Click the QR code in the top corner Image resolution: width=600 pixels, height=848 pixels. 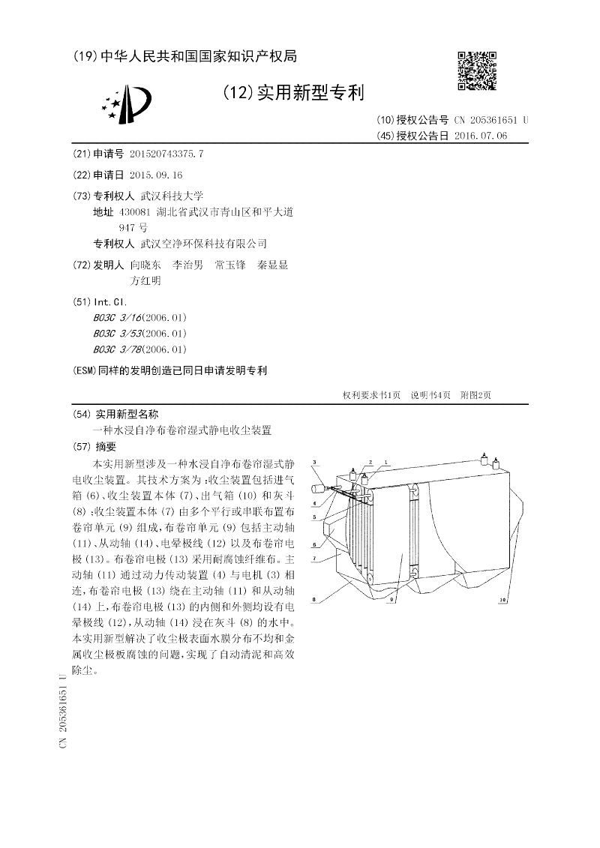click(476, 70)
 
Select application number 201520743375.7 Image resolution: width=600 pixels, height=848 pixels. click(166, 154)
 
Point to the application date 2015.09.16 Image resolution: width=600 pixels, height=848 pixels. click(156, 175)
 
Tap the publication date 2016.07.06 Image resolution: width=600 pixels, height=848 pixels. click(481, 136)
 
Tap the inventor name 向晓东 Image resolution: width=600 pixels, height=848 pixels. click(145, 265)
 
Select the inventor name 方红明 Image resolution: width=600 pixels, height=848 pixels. click(145, 281)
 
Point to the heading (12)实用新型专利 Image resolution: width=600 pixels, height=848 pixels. click(293, 93)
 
